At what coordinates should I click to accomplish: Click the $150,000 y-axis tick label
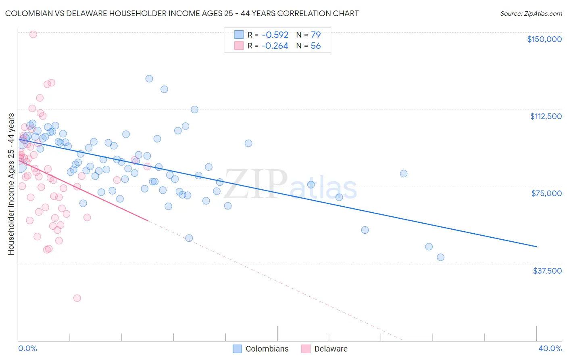[544, 39]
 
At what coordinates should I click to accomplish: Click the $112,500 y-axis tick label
[546, 116]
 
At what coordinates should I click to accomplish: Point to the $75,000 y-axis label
[546, 193]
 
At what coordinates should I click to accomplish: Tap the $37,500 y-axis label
[547, 271]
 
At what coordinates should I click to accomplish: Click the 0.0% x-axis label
[27, 348]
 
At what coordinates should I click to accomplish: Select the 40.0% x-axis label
[550, 348]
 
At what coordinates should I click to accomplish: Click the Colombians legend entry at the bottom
[267, 349]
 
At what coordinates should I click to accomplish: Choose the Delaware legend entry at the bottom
[331, 349]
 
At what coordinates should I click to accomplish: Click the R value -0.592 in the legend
[275, 35]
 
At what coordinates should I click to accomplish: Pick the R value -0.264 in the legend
[275, 46]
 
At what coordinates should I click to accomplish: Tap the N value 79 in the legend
[315, 35]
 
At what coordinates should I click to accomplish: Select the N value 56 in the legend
[315, 46]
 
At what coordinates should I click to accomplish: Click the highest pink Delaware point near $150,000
[33, 34]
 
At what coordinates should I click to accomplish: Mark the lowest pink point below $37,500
[77, 298]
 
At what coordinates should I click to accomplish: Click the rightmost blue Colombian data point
[440, 257]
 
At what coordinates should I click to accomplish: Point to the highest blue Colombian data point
[149, 79]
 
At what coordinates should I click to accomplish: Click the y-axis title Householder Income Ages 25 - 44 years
[11, 184]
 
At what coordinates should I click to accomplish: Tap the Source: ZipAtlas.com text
[531, 14]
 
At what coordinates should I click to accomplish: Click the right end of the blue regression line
[536, 246]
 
